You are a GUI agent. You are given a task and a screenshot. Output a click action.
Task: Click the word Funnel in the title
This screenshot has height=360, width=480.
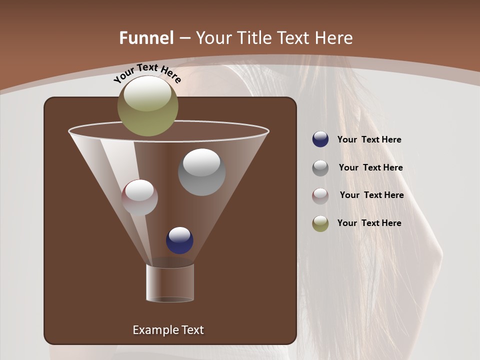(x=146, y=38)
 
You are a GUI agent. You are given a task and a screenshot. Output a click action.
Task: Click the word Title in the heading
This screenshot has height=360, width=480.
(x=253, y=38)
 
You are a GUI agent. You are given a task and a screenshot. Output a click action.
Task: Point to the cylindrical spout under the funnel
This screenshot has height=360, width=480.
(x=170, y=283)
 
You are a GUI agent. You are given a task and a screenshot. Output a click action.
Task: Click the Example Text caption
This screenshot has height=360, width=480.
(x=168, y=330)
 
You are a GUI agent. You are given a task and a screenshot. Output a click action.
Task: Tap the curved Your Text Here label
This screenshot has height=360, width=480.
(x=147, y=73)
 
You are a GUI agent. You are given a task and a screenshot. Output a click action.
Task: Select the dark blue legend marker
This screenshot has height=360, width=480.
(x=320, y=139)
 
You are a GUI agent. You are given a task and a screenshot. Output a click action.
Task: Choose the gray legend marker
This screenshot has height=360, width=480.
(x=320, y=168)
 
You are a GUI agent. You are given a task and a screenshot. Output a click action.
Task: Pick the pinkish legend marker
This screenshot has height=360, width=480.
(x=320, y=195)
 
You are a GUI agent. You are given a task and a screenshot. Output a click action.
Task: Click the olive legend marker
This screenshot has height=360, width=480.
(x=320, y=223)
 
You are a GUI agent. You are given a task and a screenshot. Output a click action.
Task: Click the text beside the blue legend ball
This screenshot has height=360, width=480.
(x=369, y=140)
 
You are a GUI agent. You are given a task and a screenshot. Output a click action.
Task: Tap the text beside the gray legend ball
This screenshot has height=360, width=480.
(x=370, y=168)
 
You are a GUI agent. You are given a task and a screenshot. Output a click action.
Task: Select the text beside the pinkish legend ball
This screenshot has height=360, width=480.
(x=371, y=195)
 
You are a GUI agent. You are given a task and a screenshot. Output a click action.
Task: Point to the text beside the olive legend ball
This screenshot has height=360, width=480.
(x=369, y=223)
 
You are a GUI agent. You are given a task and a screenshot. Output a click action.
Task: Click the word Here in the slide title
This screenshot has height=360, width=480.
(x=334, y=38)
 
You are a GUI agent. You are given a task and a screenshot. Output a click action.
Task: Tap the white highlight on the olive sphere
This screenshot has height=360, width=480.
(x=147, y=94)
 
